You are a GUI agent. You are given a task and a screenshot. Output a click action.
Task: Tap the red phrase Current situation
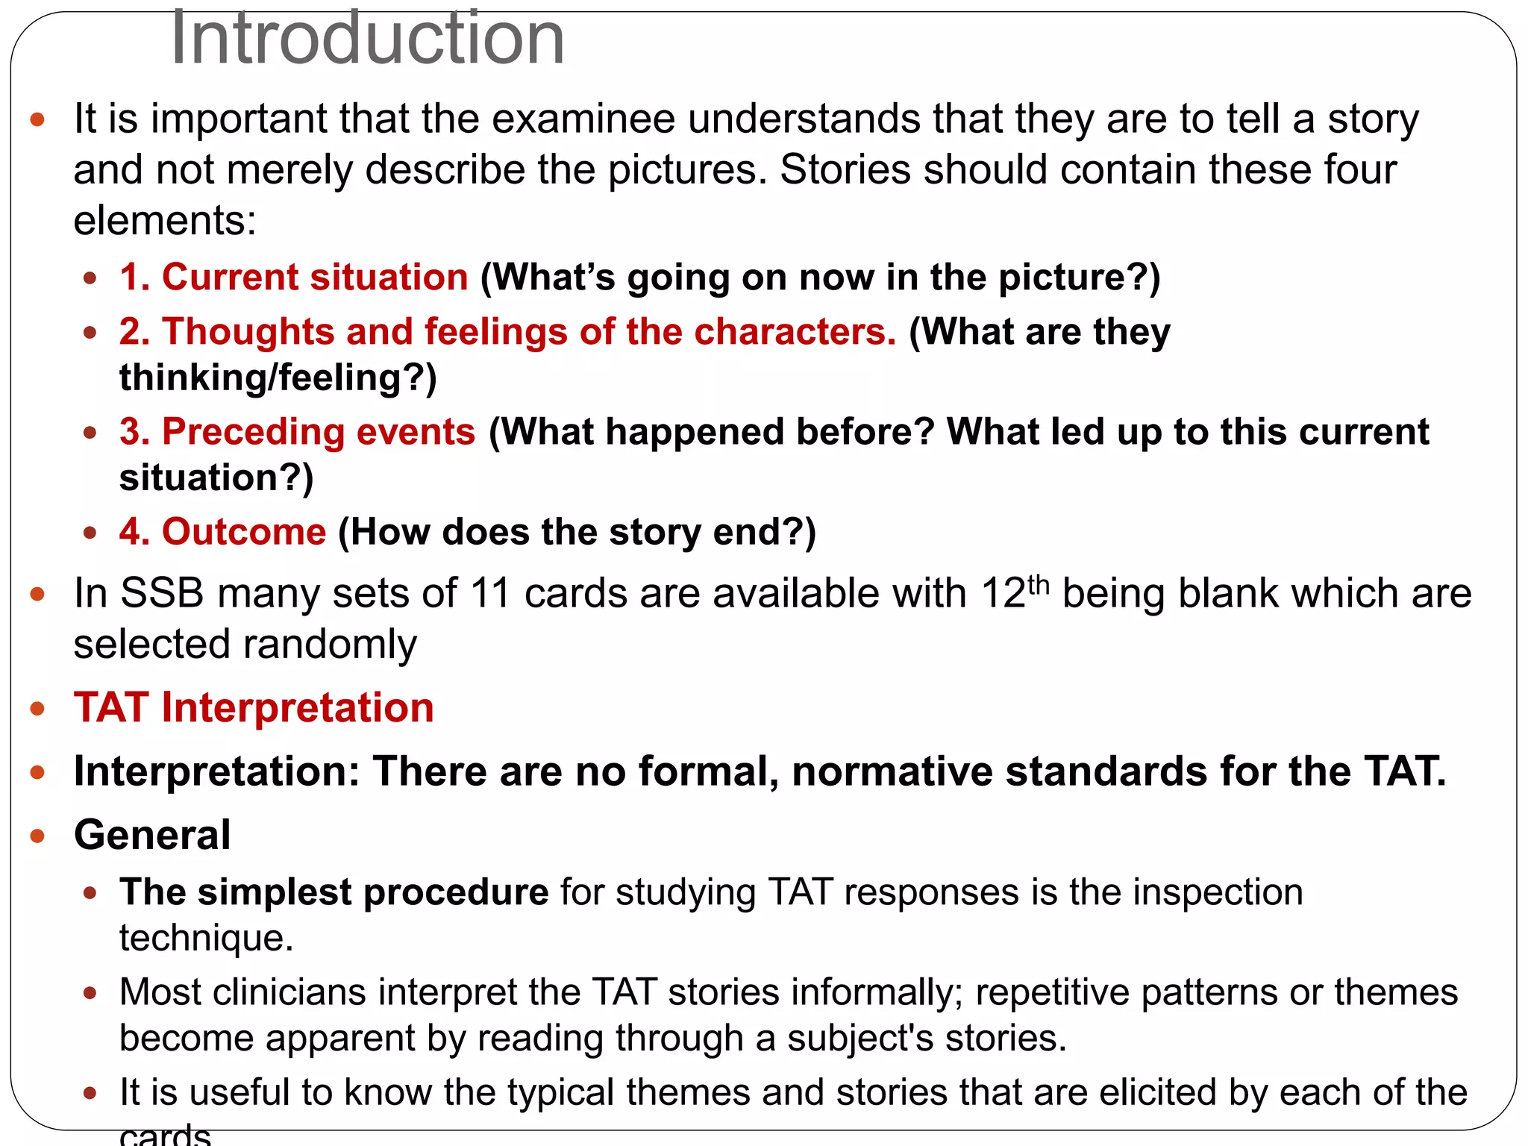[315, 278]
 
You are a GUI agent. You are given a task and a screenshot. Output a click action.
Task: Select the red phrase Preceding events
[319, 432]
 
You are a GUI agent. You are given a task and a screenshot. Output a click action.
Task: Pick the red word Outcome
[244, 532]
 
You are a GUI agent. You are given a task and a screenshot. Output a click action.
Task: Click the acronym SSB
[162, 594]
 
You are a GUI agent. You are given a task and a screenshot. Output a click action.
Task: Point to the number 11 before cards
[490, 594]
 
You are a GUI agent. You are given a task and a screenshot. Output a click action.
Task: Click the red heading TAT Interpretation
[254, 707]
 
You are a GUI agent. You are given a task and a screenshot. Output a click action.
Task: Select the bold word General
[152, 834]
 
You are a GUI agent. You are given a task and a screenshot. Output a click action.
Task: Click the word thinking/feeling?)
[278, 378]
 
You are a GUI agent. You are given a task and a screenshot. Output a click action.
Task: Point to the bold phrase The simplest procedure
[334, 892]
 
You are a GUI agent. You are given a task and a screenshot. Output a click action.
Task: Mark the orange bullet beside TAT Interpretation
[37, 708]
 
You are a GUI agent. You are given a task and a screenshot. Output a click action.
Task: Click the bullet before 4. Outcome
[90, 533]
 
